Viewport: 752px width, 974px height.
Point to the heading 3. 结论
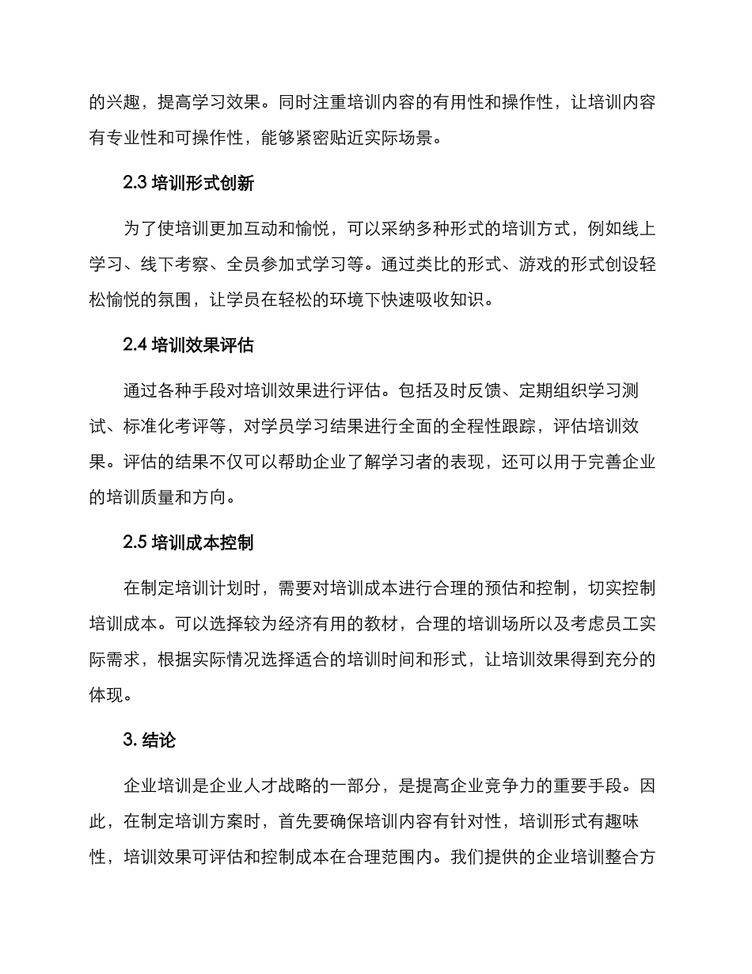click(150, 740)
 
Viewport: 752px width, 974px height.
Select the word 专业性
click(150, 139)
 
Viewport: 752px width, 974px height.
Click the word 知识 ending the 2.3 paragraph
click(469, 302)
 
